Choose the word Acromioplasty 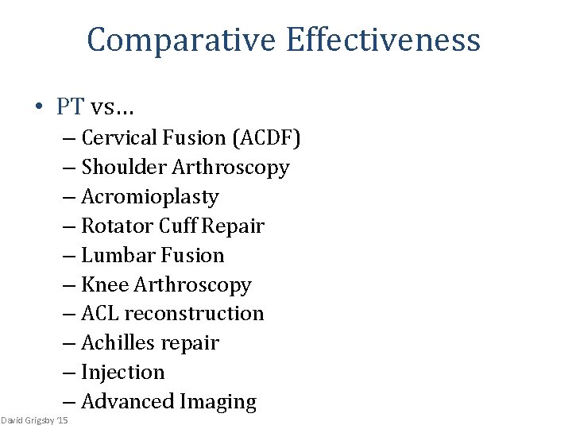click(x=150, y=197)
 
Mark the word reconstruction click(x=195, y=314)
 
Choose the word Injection click(x=123, y=373)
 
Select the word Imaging click(x=219, y=403)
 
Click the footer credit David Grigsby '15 click(x=35, y=419)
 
